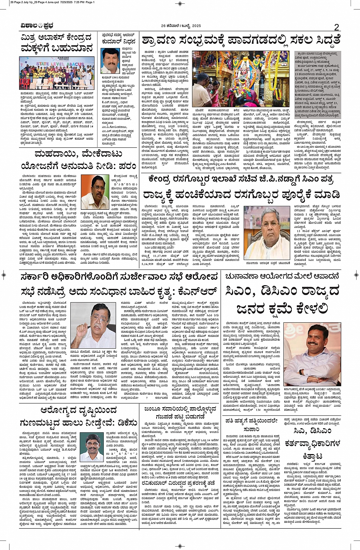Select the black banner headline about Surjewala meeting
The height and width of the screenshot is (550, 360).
(x=119, y=276)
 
